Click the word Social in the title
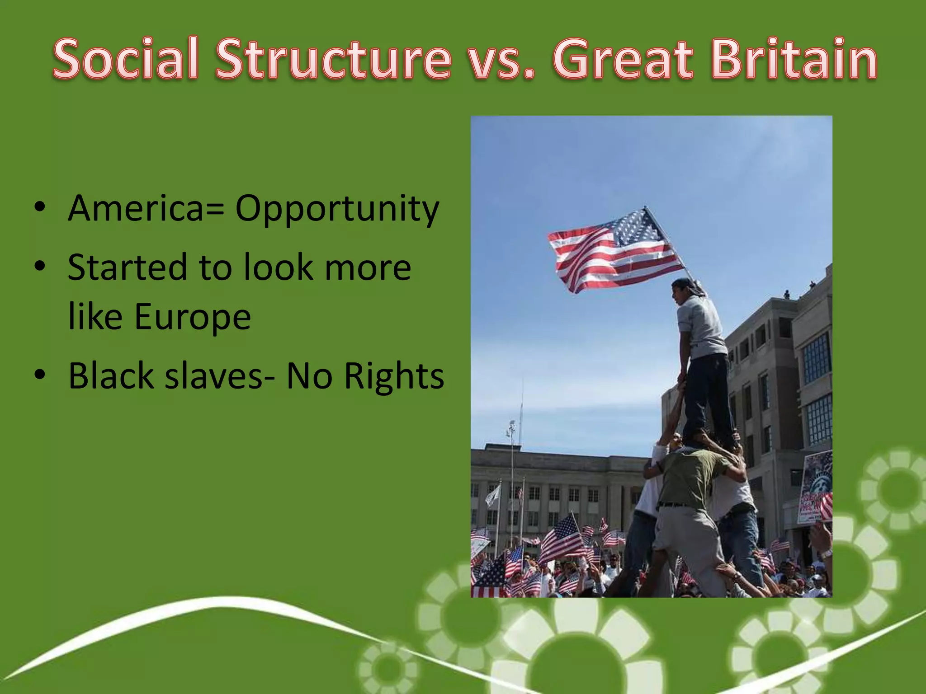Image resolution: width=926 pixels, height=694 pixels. [x=126, y=59]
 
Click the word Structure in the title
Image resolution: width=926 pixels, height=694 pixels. [x=333, y=59]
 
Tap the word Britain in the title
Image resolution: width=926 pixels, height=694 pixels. [x=794, y=59]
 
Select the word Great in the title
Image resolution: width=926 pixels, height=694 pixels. [x=623, y=59]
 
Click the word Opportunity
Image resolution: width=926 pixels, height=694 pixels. [x=337, y=209]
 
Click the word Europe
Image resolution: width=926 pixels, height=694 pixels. [x=192, y=317]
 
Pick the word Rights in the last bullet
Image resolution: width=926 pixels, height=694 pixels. [x=394, y=376]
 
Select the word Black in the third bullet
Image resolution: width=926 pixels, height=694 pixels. [x=111, y=376]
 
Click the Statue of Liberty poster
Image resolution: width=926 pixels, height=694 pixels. [x=816, y=486]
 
